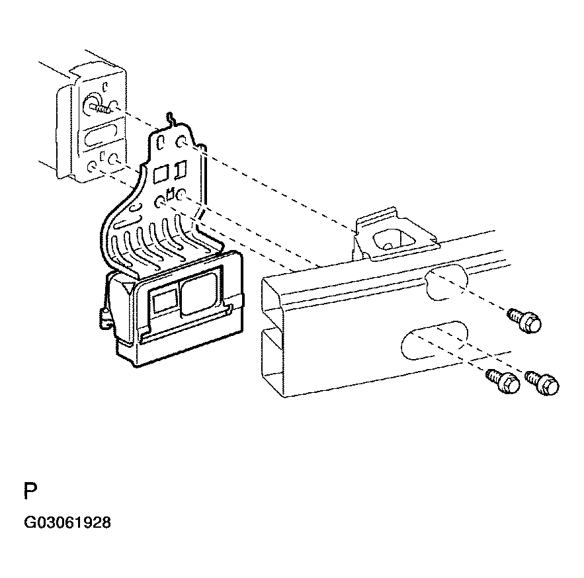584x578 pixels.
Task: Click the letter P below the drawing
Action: [x=30, y=492]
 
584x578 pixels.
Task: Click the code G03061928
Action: [x=67, y=523]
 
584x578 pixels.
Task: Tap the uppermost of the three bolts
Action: [x=526, y=321]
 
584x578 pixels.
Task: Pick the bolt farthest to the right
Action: [x=544, y=383]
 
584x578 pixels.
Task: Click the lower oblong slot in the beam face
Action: [x=431, y=337]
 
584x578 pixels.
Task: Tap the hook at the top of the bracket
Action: [x=171, y=119]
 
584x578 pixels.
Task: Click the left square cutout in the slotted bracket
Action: [x=159, y=174]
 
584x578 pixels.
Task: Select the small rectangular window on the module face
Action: [x=162, y=302]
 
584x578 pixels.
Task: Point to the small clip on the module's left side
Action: [x=103, y=315]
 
